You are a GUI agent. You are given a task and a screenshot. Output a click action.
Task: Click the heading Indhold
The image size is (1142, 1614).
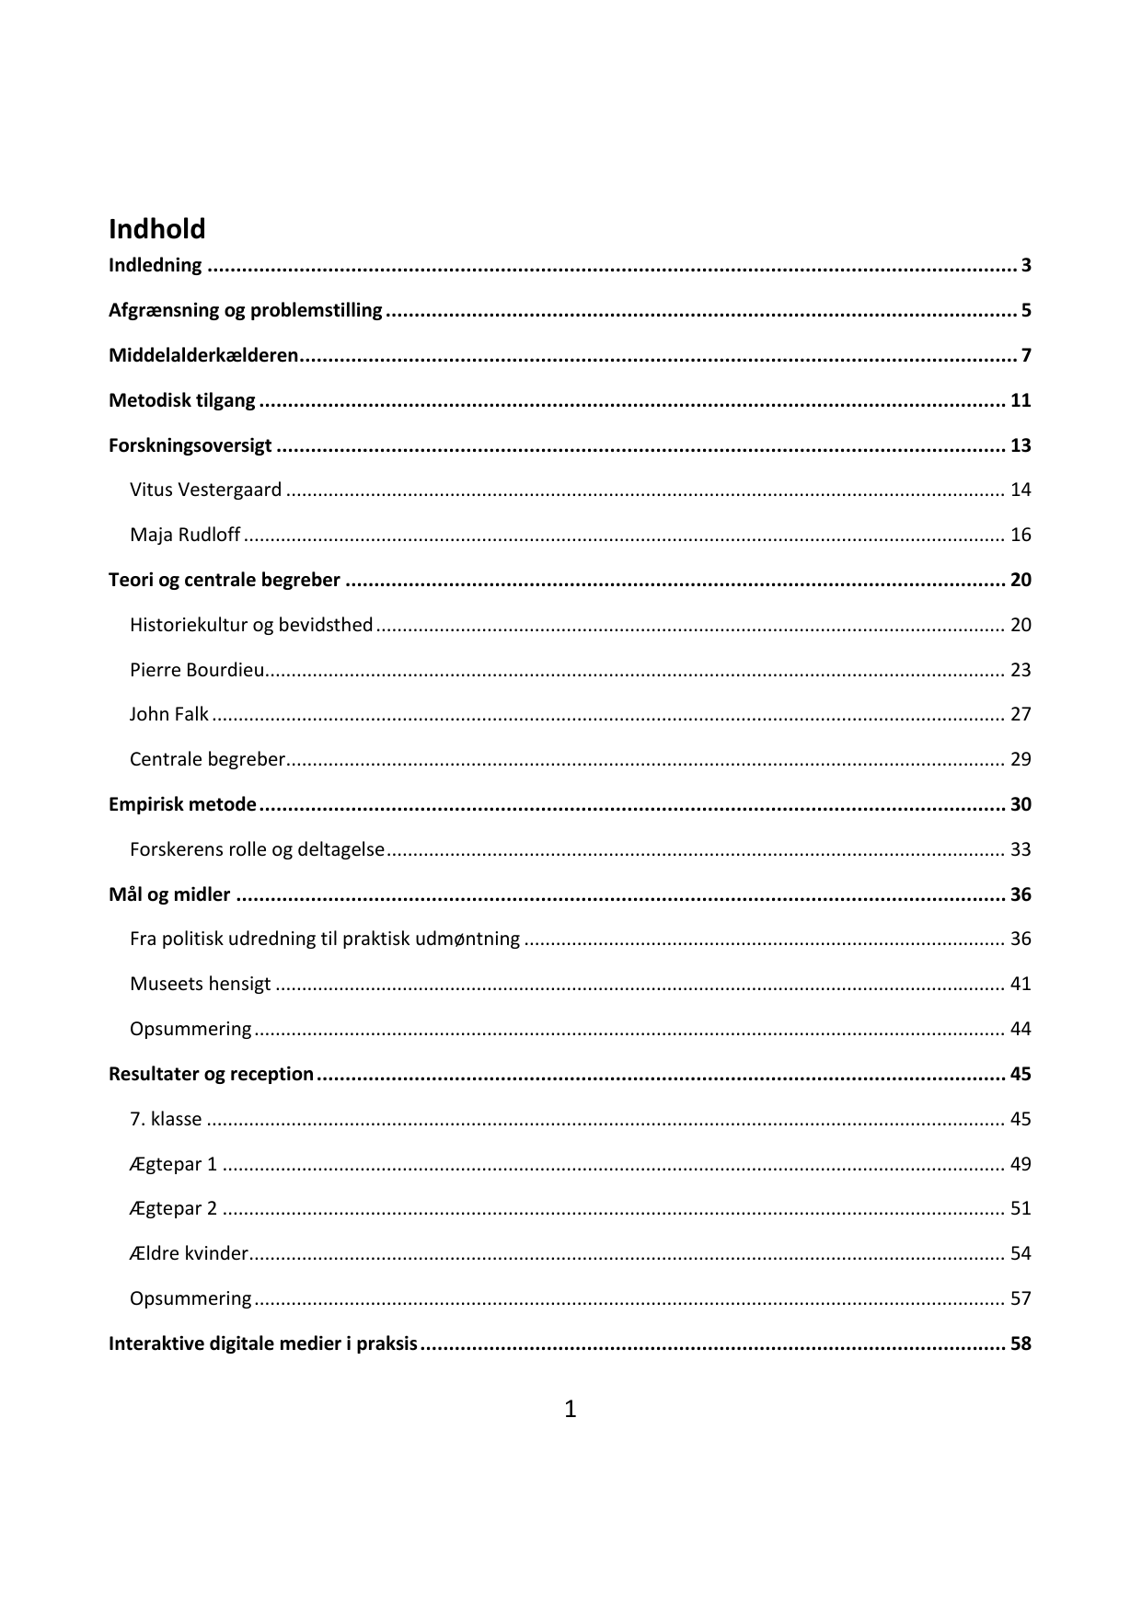[x=156, y=228]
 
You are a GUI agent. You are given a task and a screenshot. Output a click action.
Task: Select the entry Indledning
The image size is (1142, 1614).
[x=155, y=265]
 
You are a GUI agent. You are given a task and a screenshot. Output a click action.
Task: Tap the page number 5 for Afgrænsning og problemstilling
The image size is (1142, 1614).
[x=1025, y=310]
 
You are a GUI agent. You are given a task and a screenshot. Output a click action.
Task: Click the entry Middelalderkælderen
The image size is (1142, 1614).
[x=203, y=355]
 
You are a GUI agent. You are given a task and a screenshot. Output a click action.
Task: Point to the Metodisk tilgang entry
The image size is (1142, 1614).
[x=182, y=400]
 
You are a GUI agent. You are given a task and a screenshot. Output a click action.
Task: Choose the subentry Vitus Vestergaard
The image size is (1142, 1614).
[x=205, y=490]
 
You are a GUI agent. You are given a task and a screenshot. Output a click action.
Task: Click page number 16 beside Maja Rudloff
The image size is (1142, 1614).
[x=1021, y=535]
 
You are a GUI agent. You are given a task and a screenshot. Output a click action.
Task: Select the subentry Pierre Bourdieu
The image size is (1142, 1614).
[x=197, y=670]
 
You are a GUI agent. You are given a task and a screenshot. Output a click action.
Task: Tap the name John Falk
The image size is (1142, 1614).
[x=169, y=714]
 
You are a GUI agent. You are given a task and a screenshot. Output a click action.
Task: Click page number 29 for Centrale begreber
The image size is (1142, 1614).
[x=1021, y=759]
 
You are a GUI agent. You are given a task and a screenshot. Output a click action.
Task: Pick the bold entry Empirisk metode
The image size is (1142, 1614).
[x=182, y=804]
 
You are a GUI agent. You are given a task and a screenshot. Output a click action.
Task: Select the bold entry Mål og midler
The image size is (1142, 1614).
[x=169, y=894]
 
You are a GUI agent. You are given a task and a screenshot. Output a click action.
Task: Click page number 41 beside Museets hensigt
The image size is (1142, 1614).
[x=1021, y=984]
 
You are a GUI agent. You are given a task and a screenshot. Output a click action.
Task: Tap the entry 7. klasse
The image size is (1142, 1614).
[x=166, y=1119]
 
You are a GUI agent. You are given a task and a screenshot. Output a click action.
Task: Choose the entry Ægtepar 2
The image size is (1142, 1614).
[x=173, y=1208]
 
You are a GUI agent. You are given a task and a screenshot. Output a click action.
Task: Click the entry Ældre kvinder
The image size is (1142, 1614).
[x=189, y=1253]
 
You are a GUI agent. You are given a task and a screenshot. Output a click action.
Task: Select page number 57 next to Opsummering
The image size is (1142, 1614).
[x=1021, y=1298]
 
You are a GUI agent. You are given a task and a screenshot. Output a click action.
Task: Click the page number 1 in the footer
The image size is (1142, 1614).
[x=570, y=1409]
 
